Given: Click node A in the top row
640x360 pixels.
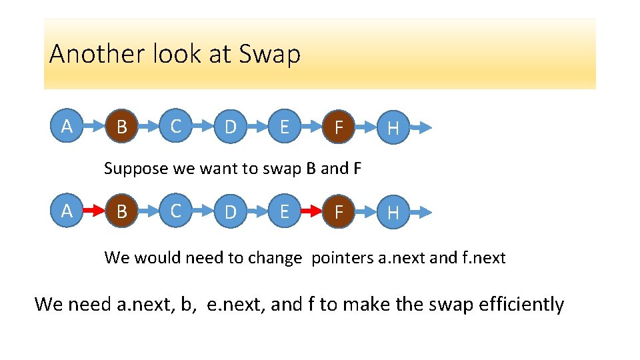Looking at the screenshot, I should tap(67, 126).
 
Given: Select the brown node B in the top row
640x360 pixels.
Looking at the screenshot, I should tap(121, 127).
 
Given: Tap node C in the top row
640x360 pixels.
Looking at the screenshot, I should tap(176, 126).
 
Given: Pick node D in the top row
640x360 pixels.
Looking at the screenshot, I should tap(230, 127).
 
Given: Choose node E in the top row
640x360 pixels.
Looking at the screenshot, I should tap(285, 127).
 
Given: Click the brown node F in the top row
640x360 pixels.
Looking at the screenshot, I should tap(339, 127).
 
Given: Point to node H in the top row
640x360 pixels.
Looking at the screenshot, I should tap(393, 127).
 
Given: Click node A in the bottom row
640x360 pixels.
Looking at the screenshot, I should tap(67, 211).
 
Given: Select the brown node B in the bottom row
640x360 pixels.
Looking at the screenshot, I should tap(121, 213).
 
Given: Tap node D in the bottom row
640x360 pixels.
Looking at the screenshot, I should tap(230, 213).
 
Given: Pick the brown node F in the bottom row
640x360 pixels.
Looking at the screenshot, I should tap(339, 213).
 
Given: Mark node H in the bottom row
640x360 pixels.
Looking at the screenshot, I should tap(393, 213).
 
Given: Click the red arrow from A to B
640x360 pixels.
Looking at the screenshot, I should tap(94, 212).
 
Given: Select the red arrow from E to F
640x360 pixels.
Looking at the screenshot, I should tap(312, 212).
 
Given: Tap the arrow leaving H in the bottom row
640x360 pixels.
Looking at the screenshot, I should tap(420, 212).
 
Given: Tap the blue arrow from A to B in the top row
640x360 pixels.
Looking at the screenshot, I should tap(94, 127).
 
